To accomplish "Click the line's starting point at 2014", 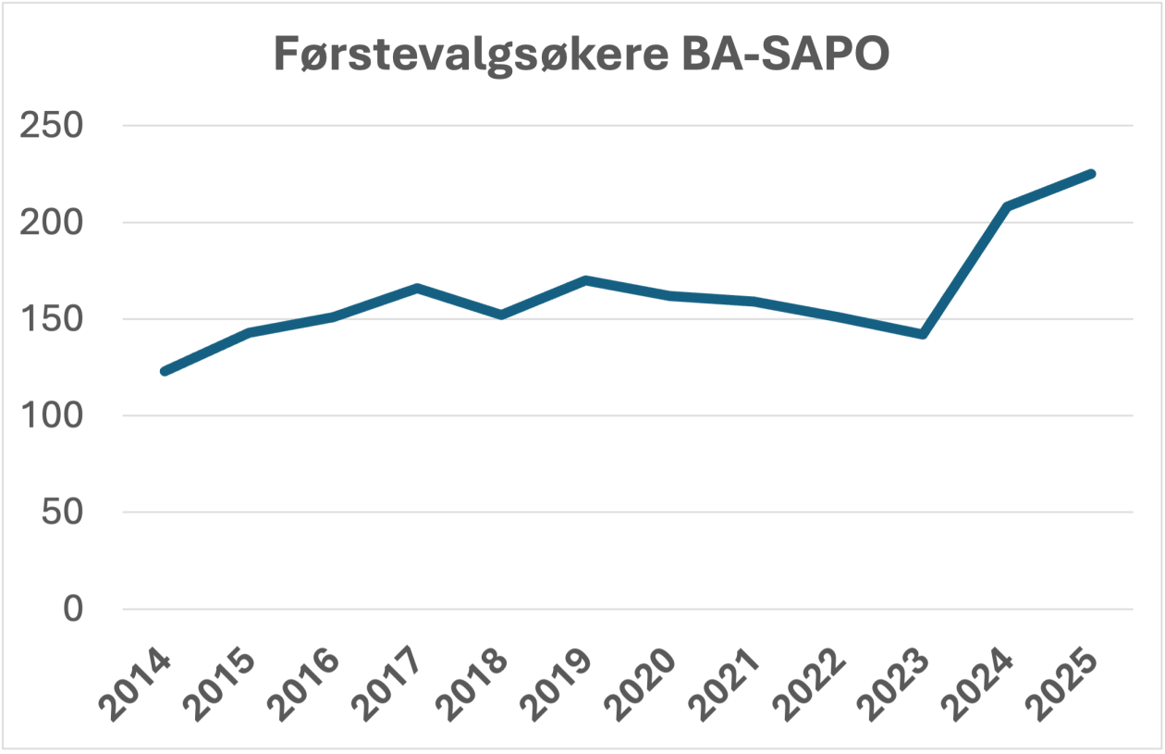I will (x=165, y=371).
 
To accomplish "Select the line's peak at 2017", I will (x=418, y=289).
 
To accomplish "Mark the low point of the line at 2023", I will (x=923, y=334).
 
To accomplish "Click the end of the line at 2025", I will (x=1092, y=174).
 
